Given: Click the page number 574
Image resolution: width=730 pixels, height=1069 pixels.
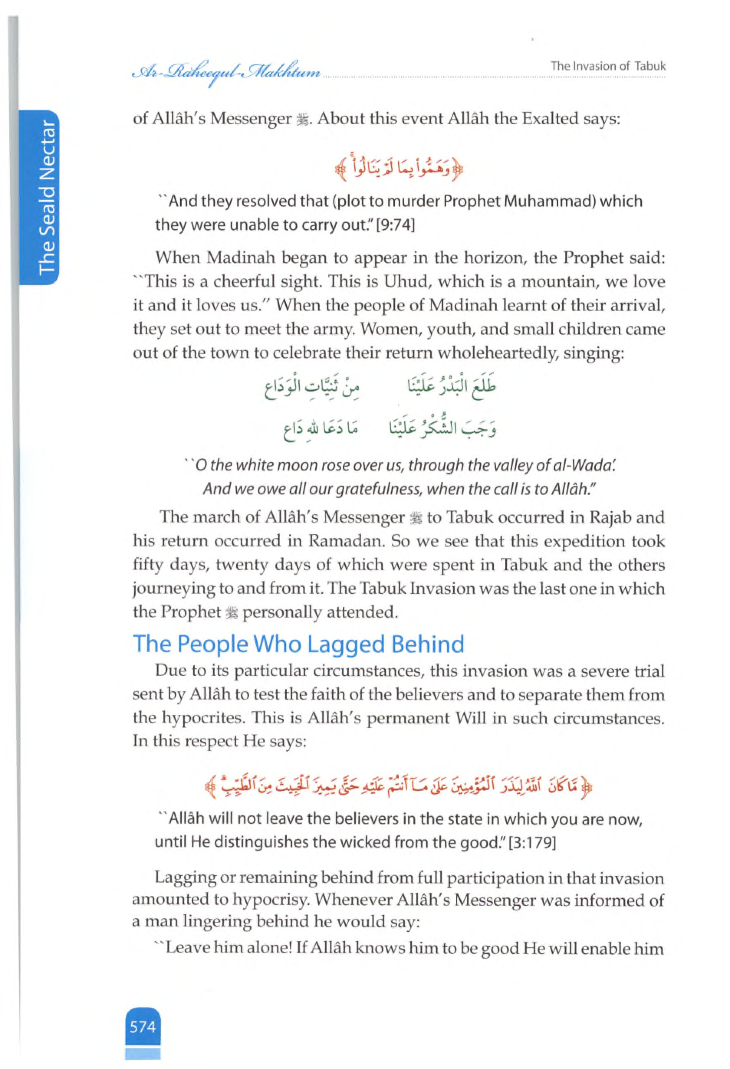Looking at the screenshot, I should (143, 1026).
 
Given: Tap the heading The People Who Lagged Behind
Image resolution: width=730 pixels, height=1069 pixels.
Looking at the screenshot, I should (298, 644).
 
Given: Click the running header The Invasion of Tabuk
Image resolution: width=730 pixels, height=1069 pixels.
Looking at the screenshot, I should (608, 66).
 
